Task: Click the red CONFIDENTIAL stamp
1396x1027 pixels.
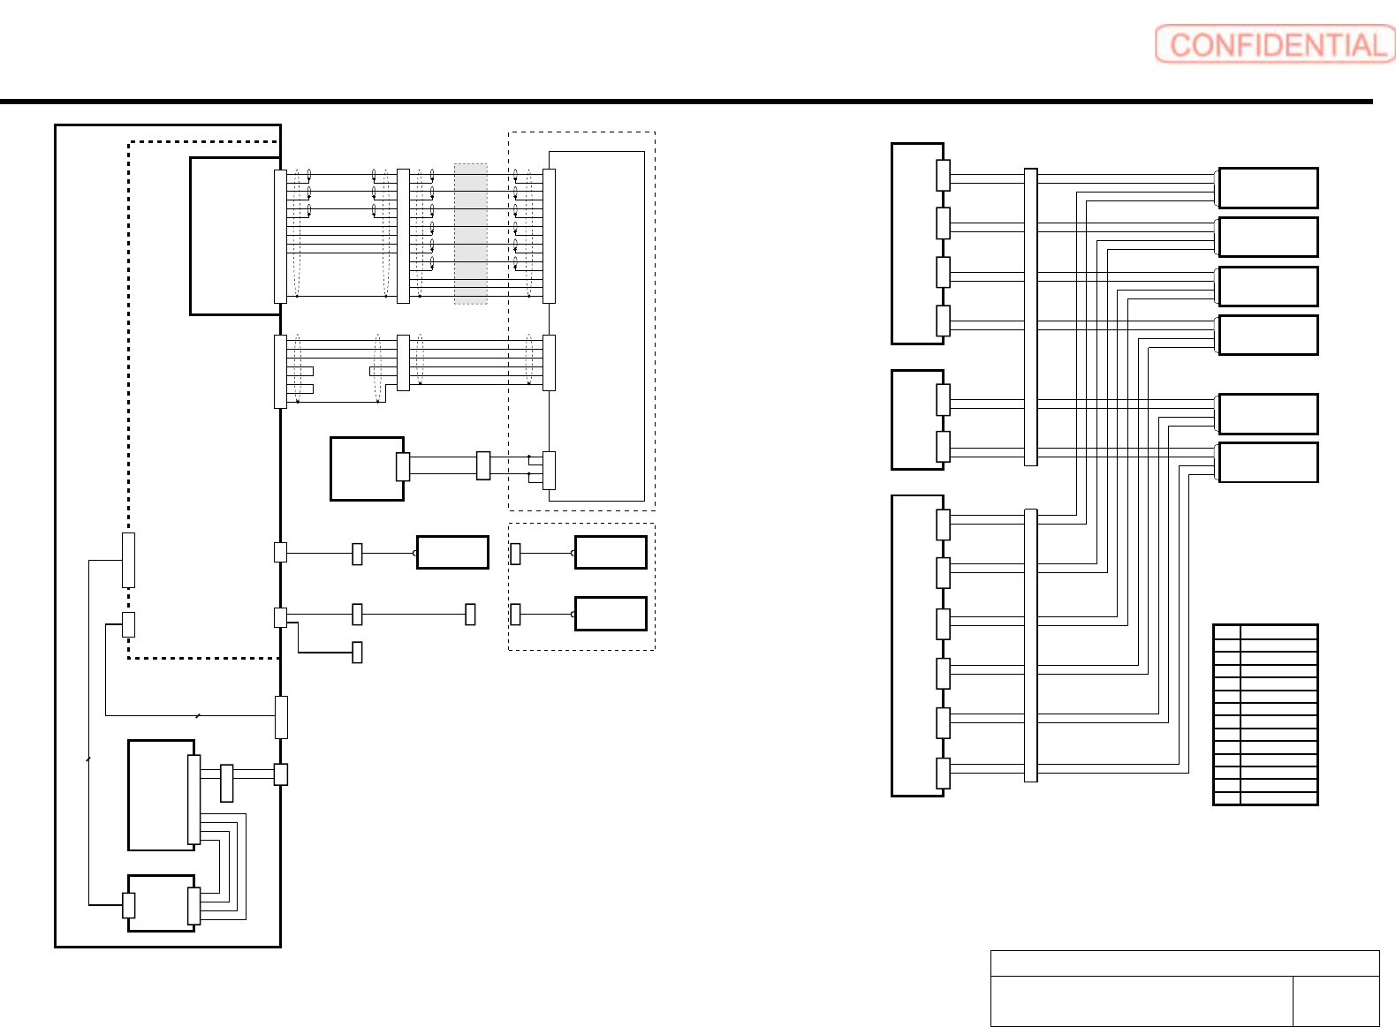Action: (1274, 44)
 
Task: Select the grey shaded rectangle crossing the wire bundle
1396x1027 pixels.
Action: (470, 233)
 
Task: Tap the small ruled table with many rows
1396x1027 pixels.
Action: (1265, 714)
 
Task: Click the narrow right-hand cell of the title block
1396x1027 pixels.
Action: (1335, 1001)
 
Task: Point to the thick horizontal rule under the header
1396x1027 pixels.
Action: (686, 102)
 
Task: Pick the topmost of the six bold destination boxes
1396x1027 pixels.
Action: (1268, 188)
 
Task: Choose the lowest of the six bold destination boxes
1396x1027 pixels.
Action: (1268, 462)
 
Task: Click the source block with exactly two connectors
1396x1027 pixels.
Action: (915, 419)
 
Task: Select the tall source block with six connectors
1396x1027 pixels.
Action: (915, 646)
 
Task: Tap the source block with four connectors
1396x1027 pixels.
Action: (915, 243)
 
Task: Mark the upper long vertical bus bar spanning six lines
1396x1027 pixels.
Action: (1030, 316)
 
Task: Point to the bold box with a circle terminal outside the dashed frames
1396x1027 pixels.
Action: (452, 552)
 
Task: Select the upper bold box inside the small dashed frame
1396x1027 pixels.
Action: (611, 552)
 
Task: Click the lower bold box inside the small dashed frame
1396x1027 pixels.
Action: (611, 614)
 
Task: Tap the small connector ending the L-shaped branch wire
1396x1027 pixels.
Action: (357, 652)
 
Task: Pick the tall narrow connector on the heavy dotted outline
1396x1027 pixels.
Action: (128, 560)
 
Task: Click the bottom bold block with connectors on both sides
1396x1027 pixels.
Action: (161, 902)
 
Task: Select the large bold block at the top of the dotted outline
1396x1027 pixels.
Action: (234, 236)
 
